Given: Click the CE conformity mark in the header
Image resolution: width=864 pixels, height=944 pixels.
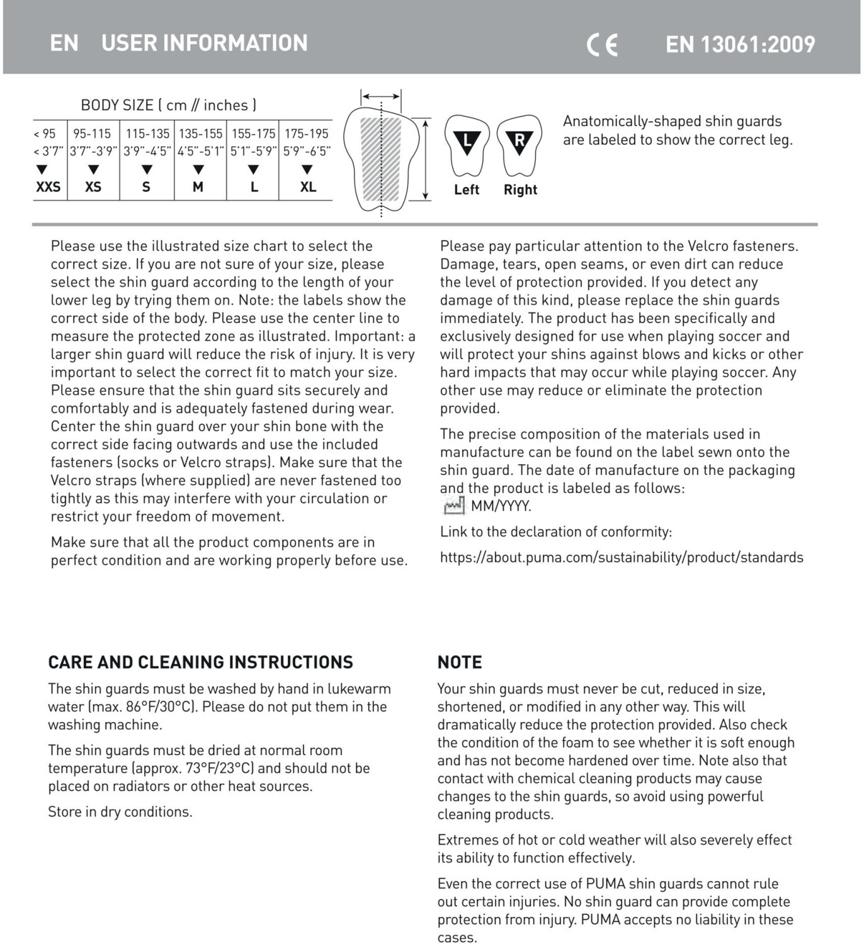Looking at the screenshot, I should pos(602,45).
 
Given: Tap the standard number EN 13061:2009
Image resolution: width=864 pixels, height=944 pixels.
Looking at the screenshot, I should pos(740,44).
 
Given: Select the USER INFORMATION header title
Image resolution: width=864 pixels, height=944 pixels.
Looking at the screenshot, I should pos(204,43).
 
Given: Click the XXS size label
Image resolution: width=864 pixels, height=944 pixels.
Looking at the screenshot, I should pos(48,187).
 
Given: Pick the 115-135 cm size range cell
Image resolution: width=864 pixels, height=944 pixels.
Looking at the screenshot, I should pos(147,134).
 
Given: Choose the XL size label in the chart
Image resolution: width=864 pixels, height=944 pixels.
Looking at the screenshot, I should pos(308,187).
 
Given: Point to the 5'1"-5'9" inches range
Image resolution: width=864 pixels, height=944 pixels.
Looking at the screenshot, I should pos(253,151).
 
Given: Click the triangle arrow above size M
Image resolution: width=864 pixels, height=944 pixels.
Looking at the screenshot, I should pos(198,169).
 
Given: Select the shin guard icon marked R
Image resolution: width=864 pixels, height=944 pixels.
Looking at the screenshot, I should pos(520,145).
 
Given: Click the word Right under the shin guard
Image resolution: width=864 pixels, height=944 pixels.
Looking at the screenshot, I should pos(520,190).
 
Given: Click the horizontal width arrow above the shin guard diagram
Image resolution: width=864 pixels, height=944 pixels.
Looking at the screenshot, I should pos(381,97).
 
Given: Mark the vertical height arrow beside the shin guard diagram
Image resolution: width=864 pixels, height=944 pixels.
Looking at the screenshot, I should pos(426,160).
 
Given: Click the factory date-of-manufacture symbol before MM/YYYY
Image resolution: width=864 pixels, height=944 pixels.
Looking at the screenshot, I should pos(453,506).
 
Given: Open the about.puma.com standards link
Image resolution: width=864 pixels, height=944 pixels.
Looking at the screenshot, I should pos(621,557).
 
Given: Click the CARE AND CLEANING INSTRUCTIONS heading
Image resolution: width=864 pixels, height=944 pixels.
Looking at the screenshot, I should pos(200,663).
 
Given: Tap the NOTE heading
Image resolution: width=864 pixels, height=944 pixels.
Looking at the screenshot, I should pos(460,663).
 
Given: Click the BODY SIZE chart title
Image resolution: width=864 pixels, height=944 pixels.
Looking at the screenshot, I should pos(168,105).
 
